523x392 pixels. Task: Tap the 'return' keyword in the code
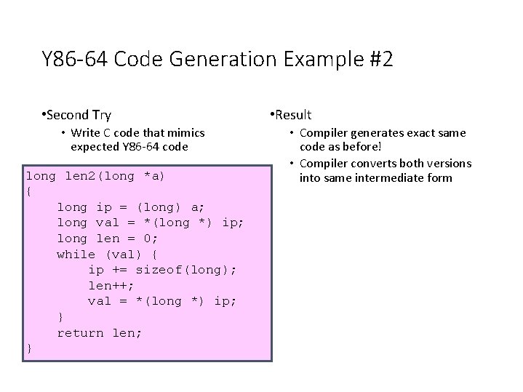click(x=80, y=332)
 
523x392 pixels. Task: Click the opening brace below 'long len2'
click(x=29, y=191)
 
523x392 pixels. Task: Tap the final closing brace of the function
click(x=29, y=348)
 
